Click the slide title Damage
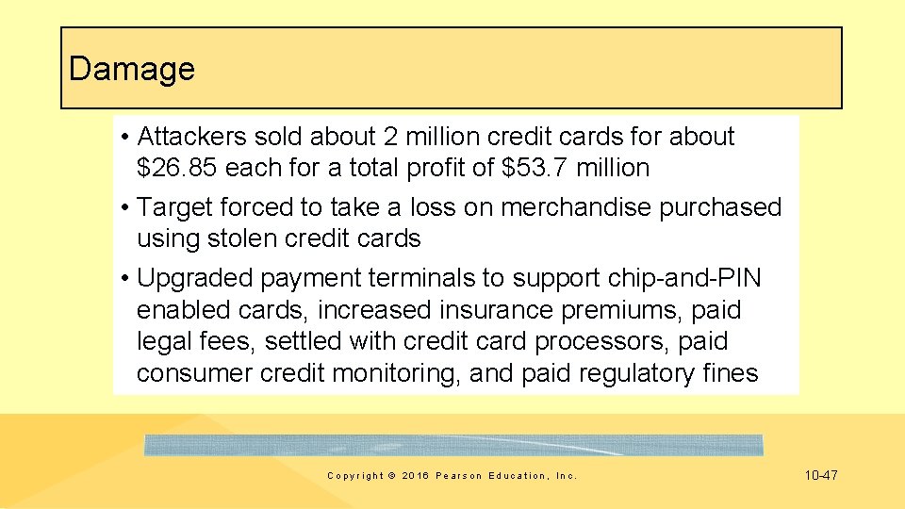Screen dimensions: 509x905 [132, 69]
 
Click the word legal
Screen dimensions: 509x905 [164, 341]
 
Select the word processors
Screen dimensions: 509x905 [583, 341]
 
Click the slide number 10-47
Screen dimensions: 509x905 [820, 476]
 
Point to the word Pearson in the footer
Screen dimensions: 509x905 [459, 476]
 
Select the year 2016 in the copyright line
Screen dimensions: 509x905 [416, 476]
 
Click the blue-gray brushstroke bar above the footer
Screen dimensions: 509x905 [453, 445]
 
